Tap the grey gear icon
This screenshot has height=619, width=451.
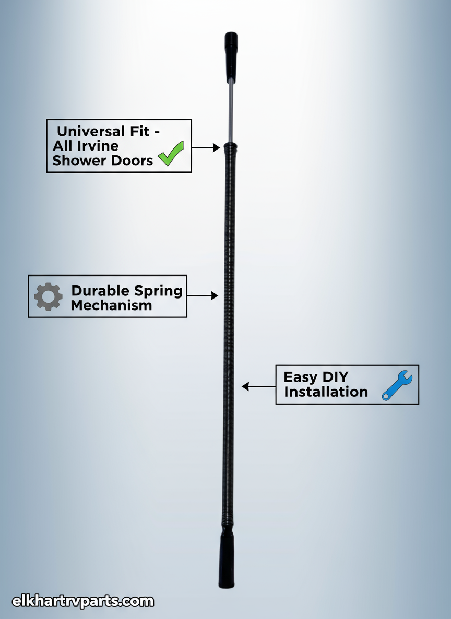[x=48, y=296]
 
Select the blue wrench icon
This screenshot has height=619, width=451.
[x=397, y=386]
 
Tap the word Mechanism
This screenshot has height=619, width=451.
[x=111, y=305]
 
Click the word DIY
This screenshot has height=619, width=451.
[x=334, y=377]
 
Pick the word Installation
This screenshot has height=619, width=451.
[x=326, y=392]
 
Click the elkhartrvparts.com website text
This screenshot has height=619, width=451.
[x=83, y=601]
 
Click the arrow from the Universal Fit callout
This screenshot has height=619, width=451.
[x=206, y=148]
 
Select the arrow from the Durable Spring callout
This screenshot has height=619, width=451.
[x=202, y=296]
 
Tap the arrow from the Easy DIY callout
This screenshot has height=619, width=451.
[x=258, y=387]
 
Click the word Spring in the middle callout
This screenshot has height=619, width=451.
[x=158, y=291]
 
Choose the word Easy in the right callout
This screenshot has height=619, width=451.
[x=301, y=377]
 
